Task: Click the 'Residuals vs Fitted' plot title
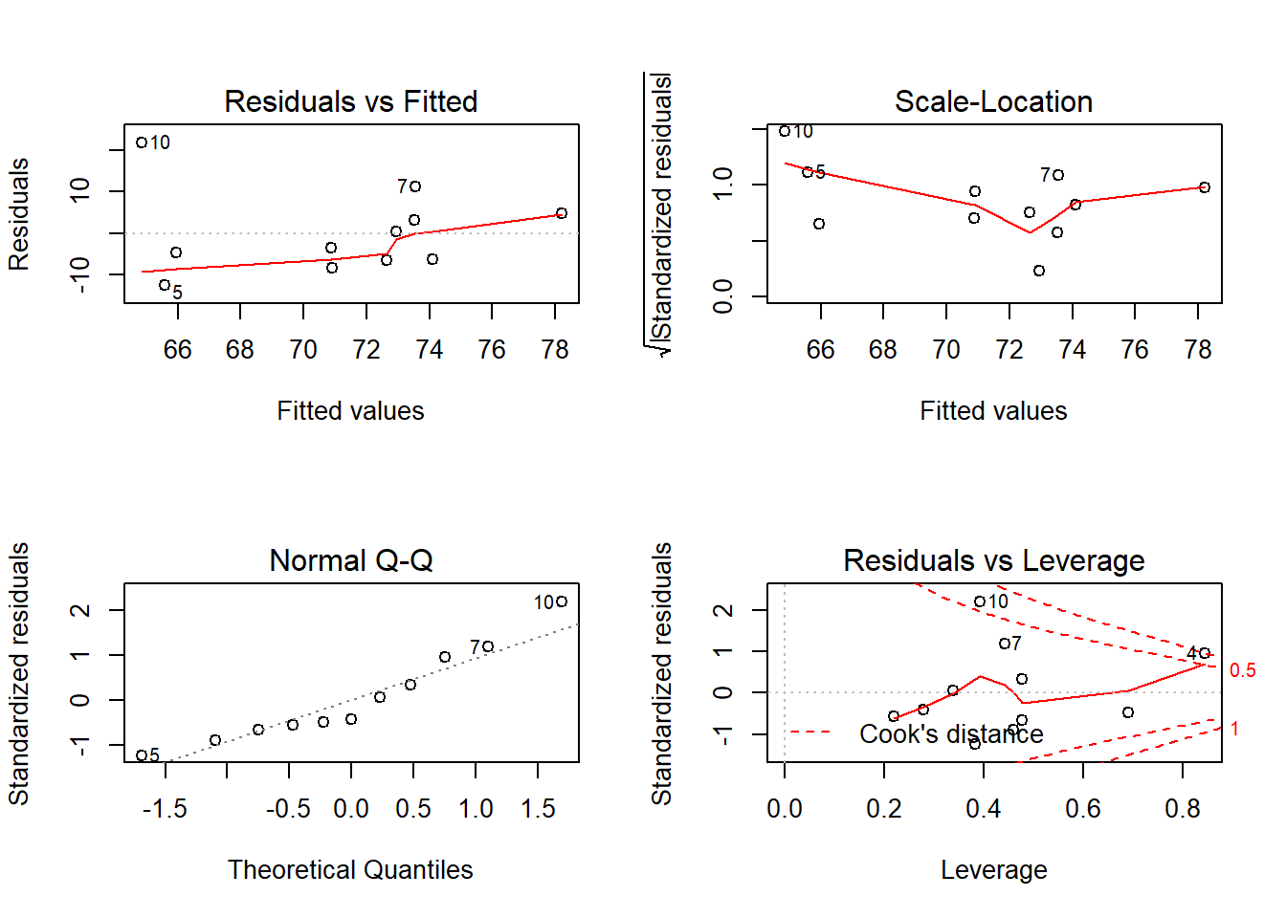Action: click(350, 101)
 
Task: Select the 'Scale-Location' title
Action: click(993, 101)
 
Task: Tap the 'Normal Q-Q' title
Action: click(350, 560)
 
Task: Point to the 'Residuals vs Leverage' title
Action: click(993, 560)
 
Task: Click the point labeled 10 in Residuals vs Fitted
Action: click(142, 142)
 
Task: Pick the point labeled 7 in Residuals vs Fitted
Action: click(415, 186)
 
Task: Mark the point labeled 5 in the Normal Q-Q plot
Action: click(142, 755)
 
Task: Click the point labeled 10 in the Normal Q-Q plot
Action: click(562, 601)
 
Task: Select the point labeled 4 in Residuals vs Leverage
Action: click(1205, 653)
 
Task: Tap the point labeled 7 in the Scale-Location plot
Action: click(1058, 175)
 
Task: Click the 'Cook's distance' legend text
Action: click(951, 733)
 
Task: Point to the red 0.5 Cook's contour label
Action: click(1242, 670)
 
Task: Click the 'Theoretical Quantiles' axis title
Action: click(350, 869)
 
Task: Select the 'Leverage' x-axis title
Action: click(993, 869)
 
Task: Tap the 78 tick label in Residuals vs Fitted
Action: click(555, 350)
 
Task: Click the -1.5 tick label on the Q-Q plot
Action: click(165, 809)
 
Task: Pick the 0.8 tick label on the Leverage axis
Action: click(1182, 809)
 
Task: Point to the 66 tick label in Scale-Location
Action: click(820, 350)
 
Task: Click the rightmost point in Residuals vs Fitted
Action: click(562, 213)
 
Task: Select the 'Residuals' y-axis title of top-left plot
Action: click(19, 214)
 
